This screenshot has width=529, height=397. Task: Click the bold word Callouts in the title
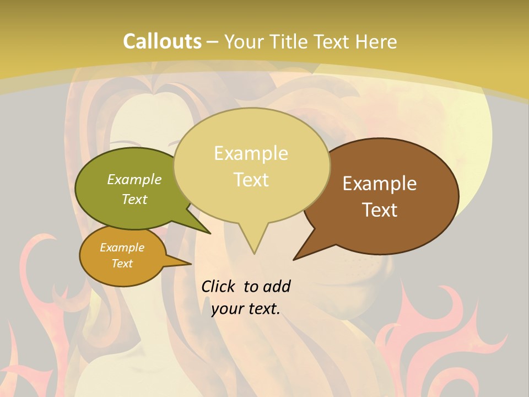(x=162, y=42)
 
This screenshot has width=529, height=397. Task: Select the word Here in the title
(x=377, y=42)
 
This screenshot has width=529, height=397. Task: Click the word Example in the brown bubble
(x=380, y=184)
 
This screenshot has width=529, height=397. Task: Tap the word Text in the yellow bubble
(x=251, y=180)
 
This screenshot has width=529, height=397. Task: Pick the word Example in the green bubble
(x=134, y=179)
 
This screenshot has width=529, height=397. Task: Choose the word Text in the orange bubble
(x=122, y=264)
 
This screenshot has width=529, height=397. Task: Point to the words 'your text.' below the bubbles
(x=246, y=309)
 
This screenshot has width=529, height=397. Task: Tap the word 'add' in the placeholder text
(x=276, y=286)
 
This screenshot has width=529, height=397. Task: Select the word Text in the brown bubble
(x=380, y=210)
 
